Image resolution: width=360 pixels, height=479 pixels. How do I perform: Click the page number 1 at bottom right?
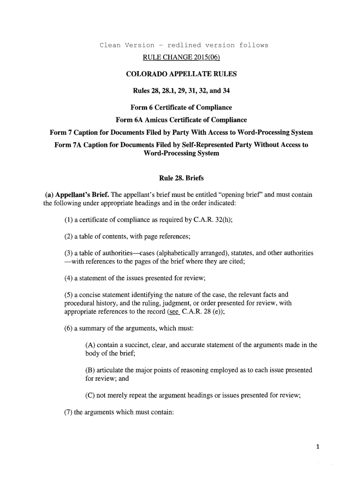point(317,446)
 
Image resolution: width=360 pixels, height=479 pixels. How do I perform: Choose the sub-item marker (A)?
point(91,345)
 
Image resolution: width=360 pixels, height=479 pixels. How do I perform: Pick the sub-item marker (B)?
point(91,370)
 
